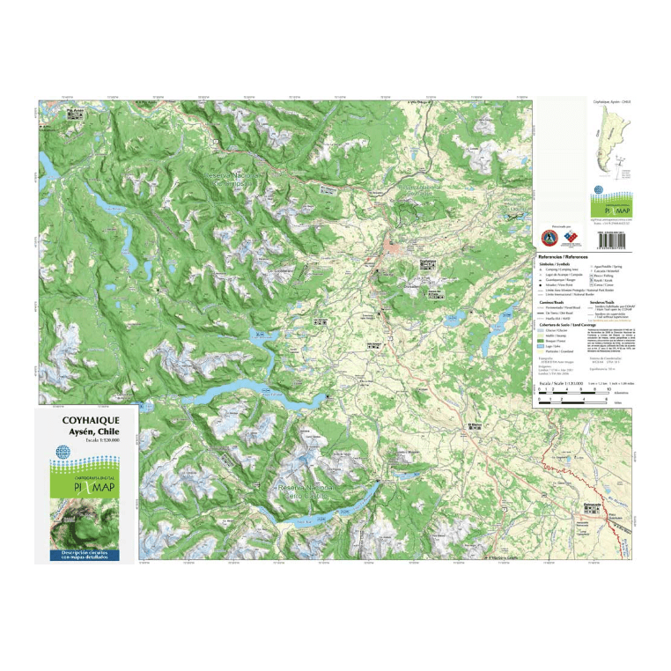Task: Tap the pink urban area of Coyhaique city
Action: (390, 254)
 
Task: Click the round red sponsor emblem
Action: (548, 238)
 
